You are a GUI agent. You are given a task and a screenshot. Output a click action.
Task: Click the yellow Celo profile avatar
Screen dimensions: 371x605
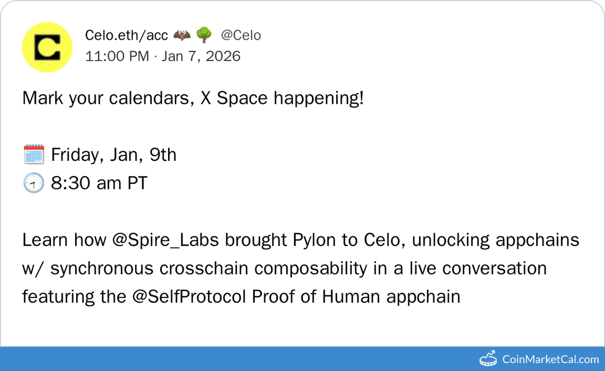pos(47,48)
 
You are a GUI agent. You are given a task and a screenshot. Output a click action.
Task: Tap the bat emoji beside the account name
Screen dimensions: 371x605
pos(182,35)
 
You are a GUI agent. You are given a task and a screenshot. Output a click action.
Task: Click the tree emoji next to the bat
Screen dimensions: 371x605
pos(203,35)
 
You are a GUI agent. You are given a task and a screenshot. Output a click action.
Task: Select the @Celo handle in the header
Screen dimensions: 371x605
pos(241,35)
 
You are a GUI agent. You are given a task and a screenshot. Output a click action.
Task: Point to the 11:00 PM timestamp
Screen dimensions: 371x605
pos(117,56)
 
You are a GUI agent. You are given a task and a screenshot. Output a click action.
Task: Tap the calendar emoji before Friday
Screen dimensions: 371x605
pos(34,154)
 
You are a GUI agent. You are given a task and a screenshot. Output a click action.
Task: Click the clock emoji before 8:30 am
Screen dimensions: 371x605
pos(34,183)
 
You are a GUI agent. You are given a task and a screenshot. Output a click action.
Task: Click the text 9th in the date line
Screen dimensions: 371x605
pos(162,154)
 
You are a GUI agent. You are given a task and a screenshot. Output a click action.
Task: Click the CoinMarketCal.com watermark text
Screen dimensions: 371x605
pos(551,359)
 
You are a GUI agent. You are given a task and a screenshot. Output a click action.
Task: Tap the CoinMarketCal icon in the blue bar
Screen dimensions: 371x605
pos(488,359)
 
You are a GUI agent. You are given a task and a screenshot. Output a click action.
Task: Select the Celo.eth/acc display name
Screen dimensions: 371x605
pos(126,35)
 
